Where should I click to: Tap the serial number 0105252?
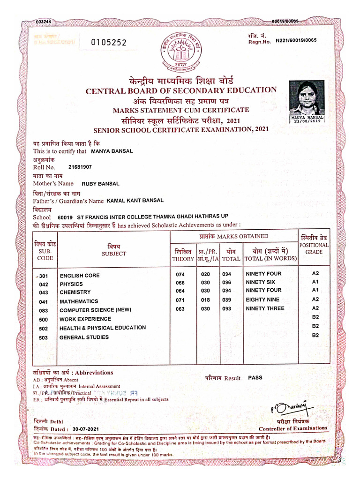(x=109, y=42)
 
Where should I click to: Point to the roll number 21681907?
(x=80, y=167)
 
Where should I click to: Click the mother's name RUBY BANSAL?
(x=100, y=184)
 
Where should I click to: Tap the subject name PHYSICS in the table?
(x=71, y=284)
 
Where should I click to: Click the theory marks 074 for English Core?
(x=181, y=275)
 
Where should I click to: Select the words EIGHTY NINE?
(x=262, y=300)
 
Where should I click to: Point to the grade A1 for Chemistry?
(x=315, y=290)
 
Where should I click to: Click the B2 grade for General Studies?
(x=315, y=335)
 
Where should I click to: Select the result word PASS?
(x=255, y=377)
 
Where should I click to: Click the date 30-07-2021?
(x=86, y=428)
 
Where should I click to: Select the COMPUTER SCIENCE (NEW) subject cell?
(x=95, y=310)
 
